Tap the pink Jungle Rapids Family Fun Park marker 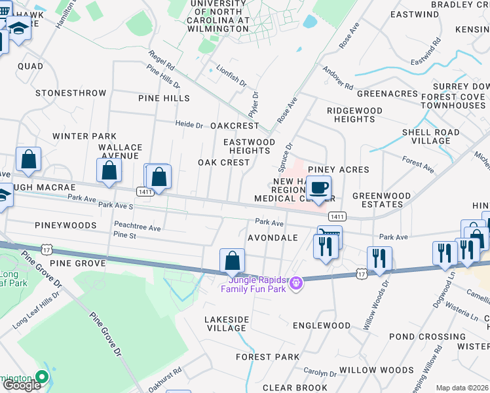click(296, 282)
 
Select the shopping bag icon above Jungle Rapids click(232, 261)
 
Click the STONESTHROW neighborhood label click(71, 93)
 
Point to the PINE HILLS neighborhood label click(164, 98)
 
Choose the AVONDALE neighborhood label click(273, 238)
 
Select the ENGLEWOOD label click(322, 326)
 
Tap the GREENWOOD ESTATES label click(382, 200)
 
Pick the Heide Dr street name click(189, 124)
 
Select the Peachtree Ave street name click(137, 228)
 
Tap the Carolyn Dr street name click(320, 373)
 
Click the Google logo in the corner click(22, 385)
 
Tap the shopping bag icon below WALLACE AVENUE click(109, 171)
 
